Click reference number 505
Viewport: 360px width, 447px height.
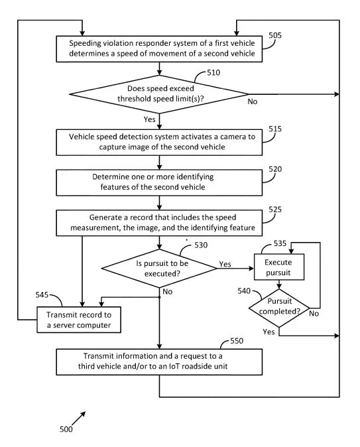pyautogui.click(x=274, y=35)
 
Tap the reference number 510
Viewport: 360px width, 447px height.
pyautogui.click(x=213, y=72)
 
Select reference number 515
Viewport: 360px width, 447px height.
pyautogui.click(x=274, y=129)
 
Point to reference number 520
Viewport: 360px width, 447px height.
pyautogui.click(x=274, y=169)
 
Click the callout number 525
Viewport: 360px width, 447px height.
pyautogui.click(x=274, y=210)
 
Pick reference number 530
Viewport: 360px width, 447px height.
pyautogui.click(x=201, y=245)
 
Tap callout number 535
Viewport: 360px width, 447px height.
pyautogui.click(x=280, y=243)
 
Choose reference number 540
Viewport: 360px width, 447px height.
pyautogui.click(x=244, y=290)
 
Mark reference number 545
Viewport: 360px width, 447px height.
pyautogui.click(x=42, y=294)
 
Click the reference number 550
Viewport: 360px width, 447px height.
pyautogui.click(x=237, y=341)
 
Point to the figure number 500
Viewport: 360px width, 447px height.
pyautogui.click(x=66, y=429)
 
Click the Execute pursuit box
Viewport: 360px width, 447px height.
pyautogui.click(x=278, y=267)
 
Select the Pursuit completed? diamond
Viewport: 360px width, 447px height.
pyautogui.click(x=279, y=308)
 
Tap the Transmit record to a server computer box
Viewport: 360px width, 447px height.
pyautogui.click(x=79, y=320)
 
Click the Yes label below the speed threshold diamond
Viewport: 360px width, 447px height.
pyautogui.click(x=150, y=119)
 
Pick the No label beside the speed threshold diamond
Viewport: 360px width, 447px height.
pyautogui.click(x=253, y=101)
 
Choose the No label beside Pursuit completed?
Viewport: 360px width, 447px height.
pyautogui.click(x=314, y=314)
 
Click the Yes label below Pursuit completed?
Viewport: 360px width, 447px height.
pyautogui.click(x=269, y=332)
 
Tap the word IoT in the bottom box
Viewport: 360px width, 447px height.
pyautogui.click(x=174, y=366)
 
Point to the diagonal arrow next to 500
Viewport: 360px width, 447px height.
pyautogui.click(x=78, y=418)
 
